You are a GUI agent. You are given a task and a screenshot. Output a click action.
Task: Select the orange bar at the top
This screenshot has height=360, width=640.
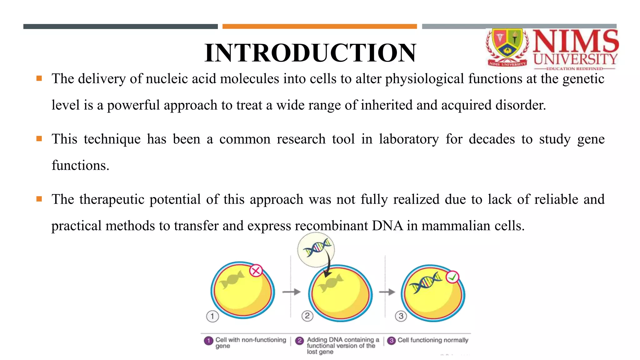(319, 27)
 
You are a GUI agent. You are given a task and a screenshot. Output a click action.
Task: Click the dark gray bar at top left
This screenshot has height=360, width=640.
(120, 27)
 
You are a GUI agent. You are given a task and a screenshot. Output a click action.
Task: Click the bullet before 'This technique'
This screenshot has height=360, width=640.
(39, 138)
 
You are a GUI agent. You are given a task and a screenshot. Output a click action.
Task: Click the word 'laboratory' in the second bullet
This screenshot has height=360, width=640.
(409, 139)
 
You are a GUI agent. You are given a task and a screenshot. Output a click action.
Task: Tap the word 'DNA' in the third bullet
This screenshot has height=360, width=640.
(387, 226)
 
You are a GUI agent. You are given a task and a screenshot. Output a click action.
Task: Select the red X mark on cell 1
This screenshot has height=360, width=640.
(256, 271)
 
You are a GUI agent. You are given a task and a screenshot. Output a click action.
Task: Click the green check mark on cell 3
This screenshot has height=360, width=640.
(452, 277)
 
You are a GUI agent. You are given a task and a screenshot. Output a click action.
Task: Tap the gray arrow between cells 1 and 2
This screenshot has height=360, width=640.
(291, 292)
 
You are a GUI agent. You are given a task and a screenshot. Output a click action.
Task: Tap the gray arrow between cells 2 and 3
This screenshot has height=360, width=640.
(387, 292)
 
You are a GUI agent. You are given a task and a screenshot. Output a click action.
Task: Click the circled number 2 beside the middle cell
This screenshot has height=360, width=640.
(307, 316)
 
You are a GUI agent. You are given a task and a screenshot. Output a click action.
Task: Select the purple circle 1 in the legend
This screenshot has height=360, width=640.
(208, 340)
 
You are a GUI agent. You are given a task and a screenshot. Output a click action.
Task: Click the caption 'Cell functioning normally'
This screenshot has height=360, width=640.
(433, 340)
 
